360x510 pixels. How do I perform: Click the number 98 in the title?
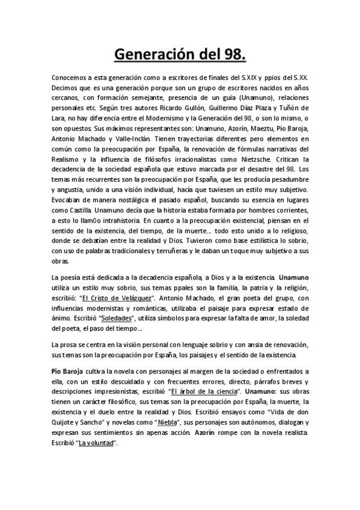tap(233, 55)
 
